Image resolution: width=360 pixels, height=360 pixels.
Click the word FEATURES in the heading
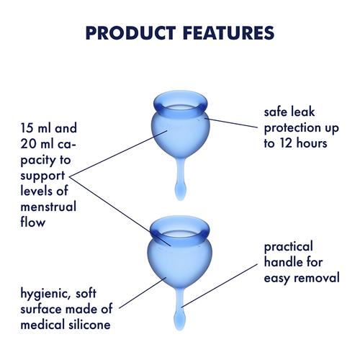click(x=228, y=33)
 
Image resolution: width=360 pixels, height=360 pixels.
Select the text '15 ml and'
click(x=48, y=130)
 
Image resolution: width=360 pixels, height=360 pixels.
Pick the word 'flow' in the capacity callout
click(x=32, y=222)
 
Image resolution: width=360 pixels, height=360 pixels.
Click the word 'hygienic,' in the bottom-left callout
click(x=49, y=293)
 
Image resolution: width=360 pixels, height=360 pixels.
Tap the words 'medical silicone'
click(x=66, y=325)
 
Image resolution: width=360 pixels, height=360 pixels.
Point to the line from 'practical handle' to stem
click(x=223, y=284)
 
